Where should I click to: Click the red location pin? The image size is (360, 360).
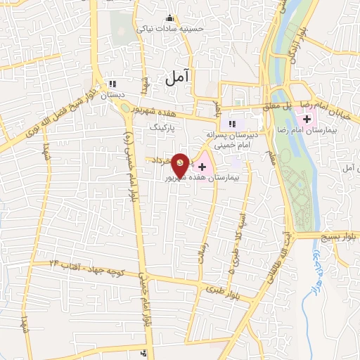click(181, 165)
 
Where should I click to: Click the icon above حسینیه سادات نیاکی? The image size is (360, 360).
click(168, 18)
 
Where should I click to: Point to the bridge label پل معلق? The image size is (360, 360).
click(276, 106)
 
